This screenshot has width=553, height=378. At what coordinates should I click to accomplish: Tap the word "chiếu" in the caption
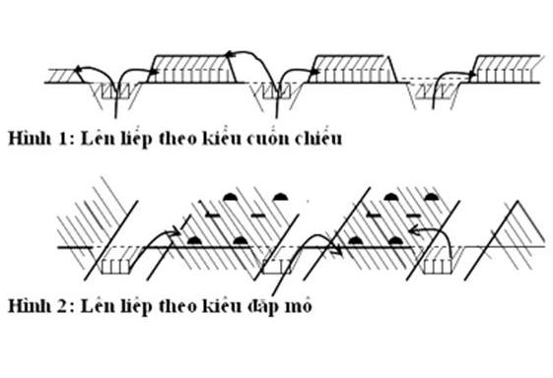tap(314, 138)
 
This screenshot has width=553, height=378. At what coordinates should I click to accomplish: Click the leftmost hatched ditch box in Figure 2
tap(121, 264)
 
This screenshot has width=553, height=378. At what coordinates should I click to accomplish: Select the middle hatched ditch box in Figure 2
tap(278, 264)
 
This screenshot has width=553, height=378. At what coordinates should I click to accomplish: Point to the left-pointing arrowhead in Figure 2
tap(415, 231)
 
